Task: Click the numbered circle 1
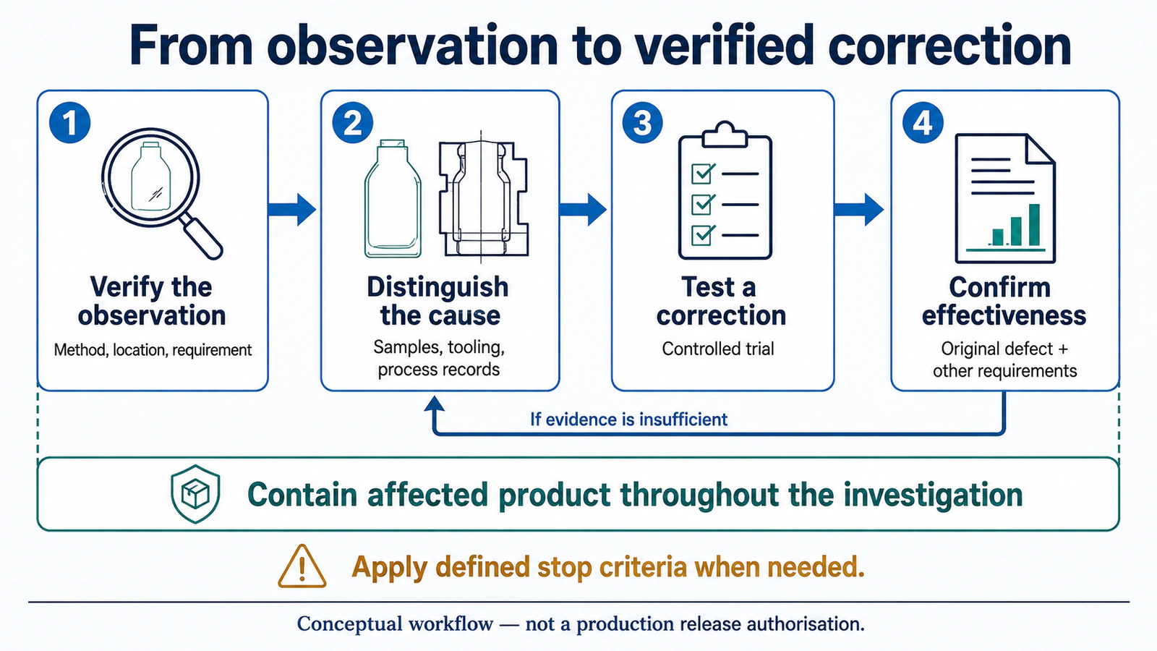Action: tap(69, 122)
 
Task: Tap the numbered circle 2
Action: tap(353, 122)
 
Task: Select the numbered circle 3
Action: tap(643, 122)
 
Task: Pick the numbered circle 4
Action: tap(923, 122)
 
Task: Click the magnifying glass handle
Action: tap(202, 237)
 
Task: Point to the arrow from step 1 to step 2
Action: tap(292, 209)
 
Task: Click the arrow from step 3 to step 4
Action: tap(859, 209)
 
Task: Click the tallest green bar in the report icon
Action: tap(1034, 225)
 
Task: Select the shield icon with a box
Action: tap(195, 494)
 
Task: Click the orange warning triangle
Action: tap(302, 567)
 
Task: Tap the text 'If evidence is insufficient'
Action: tap(628, 419)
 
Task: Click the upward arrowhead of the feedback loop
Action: tap(435, 404)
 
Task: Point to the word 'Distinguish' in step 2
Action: tap(437, 286)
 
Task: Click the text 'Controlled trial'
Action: tap(718, 349)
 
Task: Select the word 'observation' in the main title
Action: tap(412, 46)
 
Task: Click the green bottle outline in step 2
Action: tap(393, 198)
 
